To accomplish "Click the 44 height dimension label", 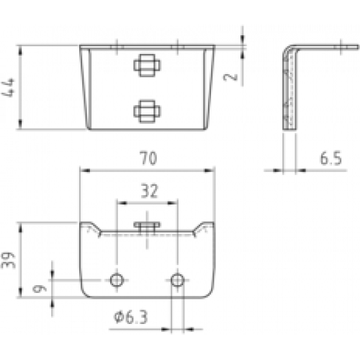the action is tap(8, 88).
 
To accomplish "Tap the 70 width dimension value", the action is tap(148, 158).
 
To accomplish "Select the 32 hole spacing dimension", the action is tap(149, 191).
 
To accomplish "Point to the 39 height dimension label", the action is tap(8, 260).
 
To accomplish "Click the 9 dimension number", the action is tap(40, 289).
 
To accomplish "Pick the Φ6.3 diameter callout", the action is tap(131, 317).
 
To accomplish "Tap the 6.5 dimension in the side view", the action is tap(330, 158).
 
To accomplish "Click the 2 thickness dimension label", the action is tap(230, 77).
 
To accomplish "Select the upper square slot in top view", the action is tap(147, 66).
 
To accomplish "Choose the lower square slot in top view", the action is tap(147, 112).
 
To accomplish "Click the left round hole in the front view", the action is tap(117, 280).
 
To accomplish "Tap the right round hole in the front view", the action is tap(177, 280).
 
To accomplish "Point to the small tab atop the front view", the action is tap(147, 225).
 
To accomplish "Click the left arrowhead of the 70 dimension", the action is tap(84, 171).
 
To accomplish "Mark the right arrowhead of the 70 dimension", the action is tap(210, 171).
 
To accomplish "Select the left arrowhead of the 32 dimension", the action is tap(122, 203).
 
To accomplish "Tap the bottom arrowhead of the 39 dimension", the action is tap(21, 292).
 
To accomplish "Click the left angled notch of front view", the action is tap(94, 228).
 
